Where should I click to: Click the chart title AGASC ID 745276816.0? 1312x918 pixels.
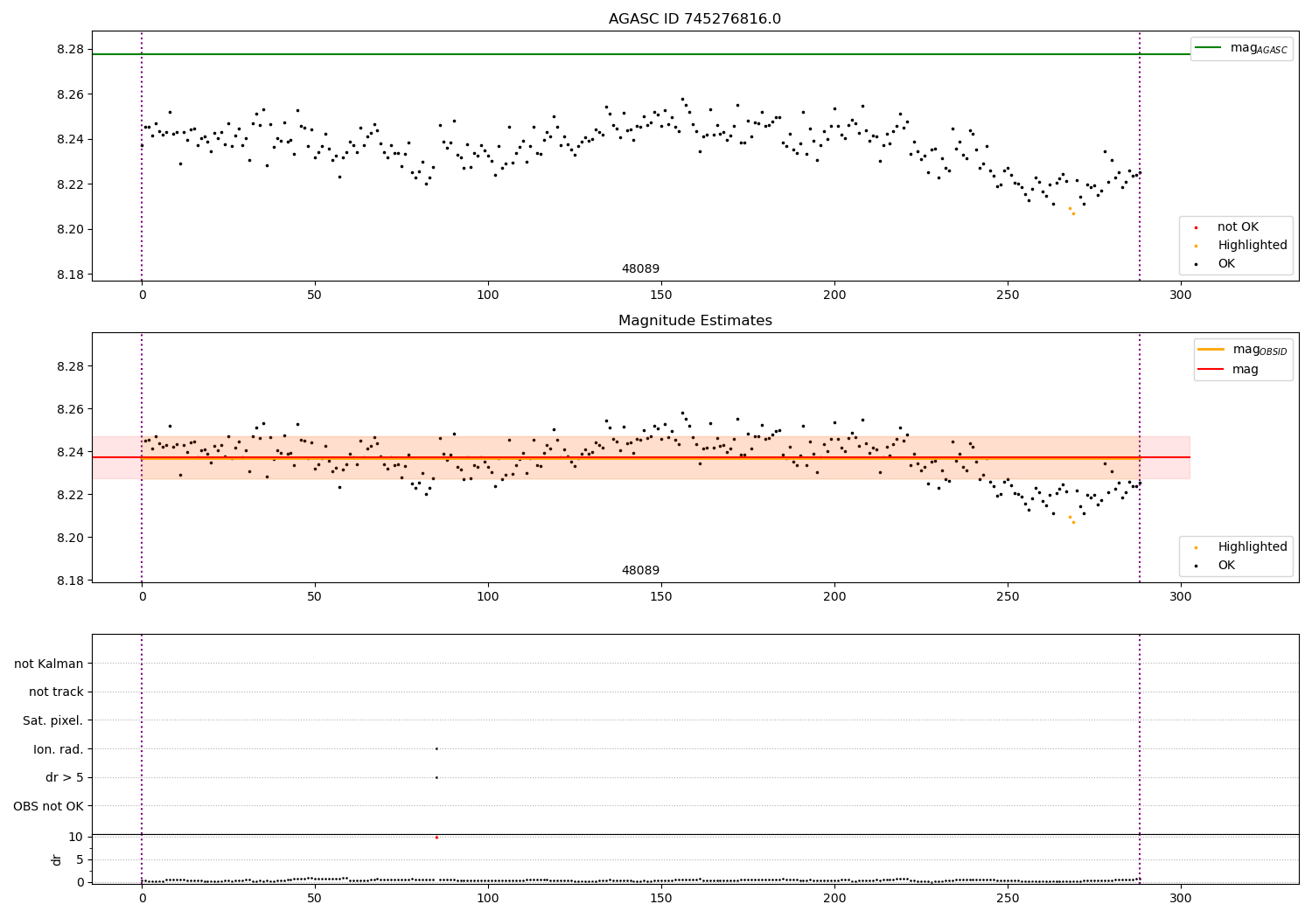[x=694, y=19]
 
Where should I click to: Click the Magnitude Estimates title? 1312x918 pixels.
[x=694, y=321]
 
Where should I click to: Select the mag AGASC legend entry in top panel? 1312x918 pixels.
[x=1241, y=48]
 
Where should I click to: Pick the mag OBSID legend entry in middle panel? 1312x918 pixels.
[x=1242, y=350]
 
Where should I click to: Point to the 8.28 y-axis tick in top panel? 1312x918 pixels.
[x=69, y=49]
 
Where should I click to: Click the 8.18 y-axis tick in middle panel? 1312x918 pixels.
[x=69, y=581]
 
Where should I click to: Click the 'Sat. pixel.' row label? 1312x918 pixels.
[x=52, y=720]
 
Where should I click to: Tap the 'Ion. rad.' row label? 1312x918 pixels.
[x=58, y=749]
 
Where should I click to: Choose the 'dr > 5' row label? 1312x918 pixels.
[x=64, y=777]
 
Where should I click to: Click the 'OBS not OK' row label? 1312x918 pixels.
[x=48, y=806]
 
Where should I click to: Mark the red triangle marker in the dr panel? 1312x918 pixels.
[x=436, y=838]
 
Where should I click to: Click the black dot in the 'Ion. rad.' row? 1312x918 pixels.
[x=436, y=748]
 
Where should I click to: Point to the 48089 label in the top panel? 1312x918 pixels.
[x=640, y=269]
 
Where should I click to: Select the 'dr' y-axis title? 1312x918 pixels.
[x=57, y=859]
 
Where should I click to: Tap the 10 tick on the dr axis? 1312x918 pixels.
[x=75, y=837]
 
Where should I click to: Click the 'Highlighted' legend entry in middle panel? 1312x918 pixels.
[x=1252, y=547]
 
